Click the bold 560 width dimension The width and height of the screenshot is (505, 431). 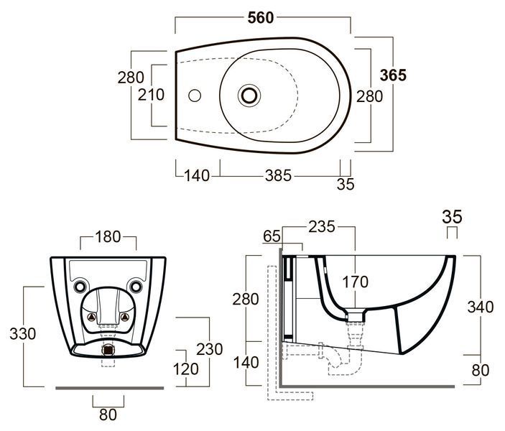coord(261,18)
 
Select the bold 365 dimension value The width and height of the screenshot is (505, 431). coord(393,75)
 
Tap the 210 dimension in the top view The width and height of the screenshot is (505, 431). coord(151,95)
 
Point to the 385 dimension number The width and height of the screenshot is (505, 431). coord(278,175)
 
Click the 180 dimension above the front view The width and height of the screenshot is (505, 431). coord(108,237)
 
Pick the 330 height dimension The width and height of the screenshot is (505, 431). coord(22,334)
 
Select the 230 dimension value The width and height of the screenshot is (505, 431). coord(209,349)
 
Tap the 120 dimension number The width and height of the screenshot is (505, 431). coord(186,369)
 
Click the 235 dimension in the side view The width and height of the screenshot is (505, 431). coord(322,227)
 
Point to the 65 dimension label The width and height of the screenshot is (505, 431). coord(272,236)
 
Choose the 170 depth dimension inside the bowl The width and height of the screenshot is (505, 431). coord(356,282)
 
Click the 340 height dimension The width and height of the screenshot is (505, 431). coord(480,307)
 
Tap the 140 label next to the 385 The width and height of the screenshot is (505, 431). coord(197,176)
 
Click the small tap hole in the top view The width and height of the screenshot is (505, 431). coord(195,96)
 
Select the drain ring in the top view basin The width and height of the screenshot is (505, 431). coord(249,96)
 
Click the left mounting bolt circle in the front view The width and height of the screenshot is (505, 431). coord(80,287)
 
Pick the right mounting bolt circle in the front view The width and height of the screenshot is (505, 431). coord(136,287)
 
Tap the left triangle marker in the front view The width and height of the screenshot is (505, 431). coord(92,318)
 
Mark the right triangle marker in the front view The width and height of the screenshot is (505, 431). coord(125,318)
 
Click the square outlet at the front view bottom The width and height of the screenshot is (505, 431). coord(108,350)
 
